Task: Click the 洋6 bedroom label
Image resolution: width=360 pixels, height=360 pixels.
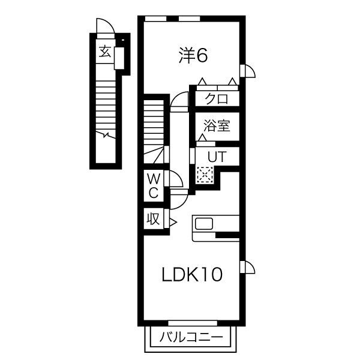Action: click(x=193, y=56)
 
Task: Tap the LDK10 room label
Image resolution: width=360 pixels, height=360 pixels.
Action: click(x=193, y=275)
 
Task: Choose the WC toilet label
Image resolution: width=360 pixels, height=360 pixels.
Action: click(x=154, y=185)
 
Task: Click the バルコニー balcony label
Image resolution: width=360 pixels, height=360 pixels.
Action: click(x=191, y=338)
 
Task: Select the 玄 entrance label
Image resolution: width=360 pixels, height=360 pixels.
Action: click(x=105, y=52)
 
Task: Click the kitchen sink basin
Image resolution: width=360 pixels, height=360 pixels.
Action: click(x=204, y=224)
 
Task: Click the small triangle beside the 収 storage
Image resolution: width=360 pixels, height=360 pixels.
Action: click(x=172, y=223)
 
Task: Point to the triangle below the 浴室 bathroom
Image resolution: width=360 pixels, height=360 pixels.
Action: click(x=202, y=139)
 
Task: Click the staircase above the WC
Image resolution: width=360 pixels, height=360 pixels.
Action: click(x=153, y=129)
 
